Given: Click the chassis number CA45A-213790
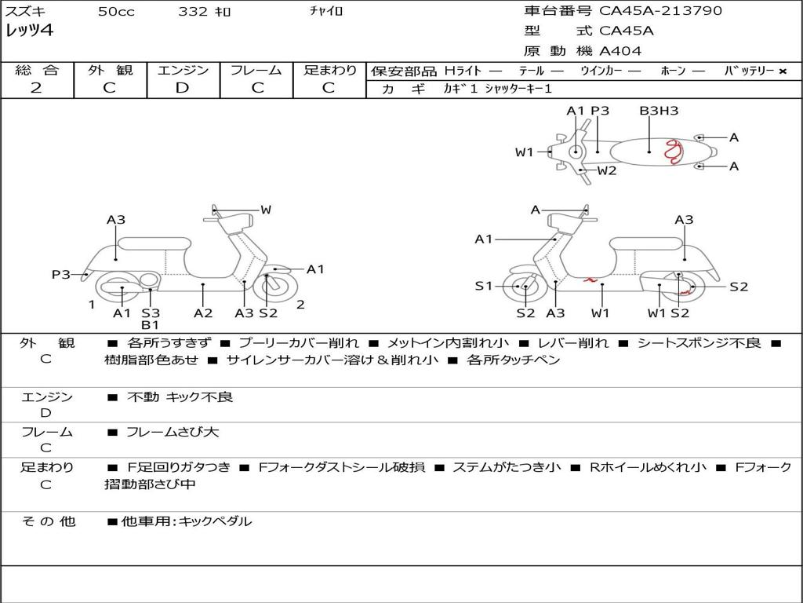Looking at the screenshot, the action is click(660, 11).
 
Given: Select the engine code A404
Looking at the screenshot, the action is click(620, 51).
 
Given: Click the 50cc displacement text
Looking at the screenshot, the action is click(116, 12).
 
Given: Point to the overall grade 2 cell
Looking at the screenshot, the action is click(36, 88).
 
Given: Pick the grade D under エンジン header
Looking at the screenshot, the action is click(182, 88).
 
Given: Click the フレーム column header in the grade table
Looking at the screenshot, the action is click(256, 70).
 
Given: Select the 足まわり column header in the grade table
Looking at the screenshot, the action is click(330, 70).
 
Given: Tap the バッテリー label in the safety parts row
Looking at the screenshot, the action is click(749, 71).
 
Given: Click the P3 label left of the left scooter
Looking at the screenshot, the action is click(61, 274).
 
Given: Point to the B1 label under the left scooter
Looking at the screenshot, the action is click(151, 325).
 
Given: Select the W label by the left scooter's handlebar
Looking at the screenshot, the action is click(266, 210).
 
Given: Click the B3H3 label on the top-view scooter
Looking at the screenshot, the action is click(659, 111).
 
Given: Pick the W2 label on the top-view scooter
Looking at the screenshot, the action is click(607, 170).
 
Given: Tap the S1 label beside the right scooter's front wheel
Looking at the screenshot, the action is click(484, 286).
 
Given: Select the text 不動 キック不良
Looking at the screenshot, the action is click(180, 397).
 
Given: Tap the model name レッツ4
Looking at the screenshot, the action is click(29, 31).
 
